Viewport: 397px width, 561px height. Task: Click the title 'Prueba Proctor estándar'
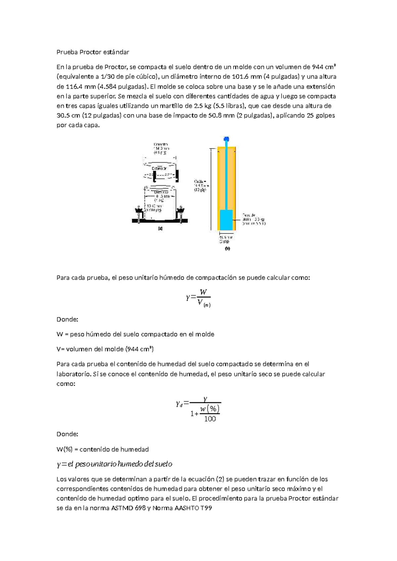tap(93, 52)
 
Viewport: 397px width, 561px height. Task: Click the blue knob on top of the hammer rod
tap(227, 139)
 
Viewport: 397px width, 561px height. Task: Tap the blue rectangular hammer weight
tap(226, 220)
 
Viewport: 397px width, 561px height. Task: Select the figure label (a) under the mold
tap(160, 228)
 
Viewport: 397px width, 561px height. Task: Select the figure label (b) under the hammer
tap(227, 248)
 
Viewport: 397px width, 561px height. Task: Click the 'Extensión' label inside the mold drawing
tap(159, 168)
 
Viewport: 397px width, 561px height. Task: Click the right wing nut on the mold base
tap(181, 210)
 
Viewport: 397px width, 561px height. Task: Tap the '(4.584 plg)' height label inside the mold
tap(154, 210)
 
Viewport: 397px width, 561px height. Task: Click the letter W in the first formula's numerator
tap(203, 292)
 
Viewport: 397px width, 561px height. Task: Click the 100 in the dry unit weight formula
tap(210, 419)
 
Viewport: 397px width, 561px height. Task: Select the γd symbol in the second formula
tap(179, 404)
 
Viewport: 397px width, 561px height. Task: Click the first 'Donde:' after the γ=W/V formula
tap(67, 320)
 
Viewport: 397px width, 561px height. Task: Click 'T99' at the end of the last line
tap(206, 508)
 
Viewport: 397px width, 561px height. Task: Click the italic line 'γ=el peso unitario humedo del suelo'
tap(114, 464)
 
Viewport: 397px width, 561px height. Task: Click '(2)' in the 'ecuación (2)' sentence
tap(220, 479)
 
